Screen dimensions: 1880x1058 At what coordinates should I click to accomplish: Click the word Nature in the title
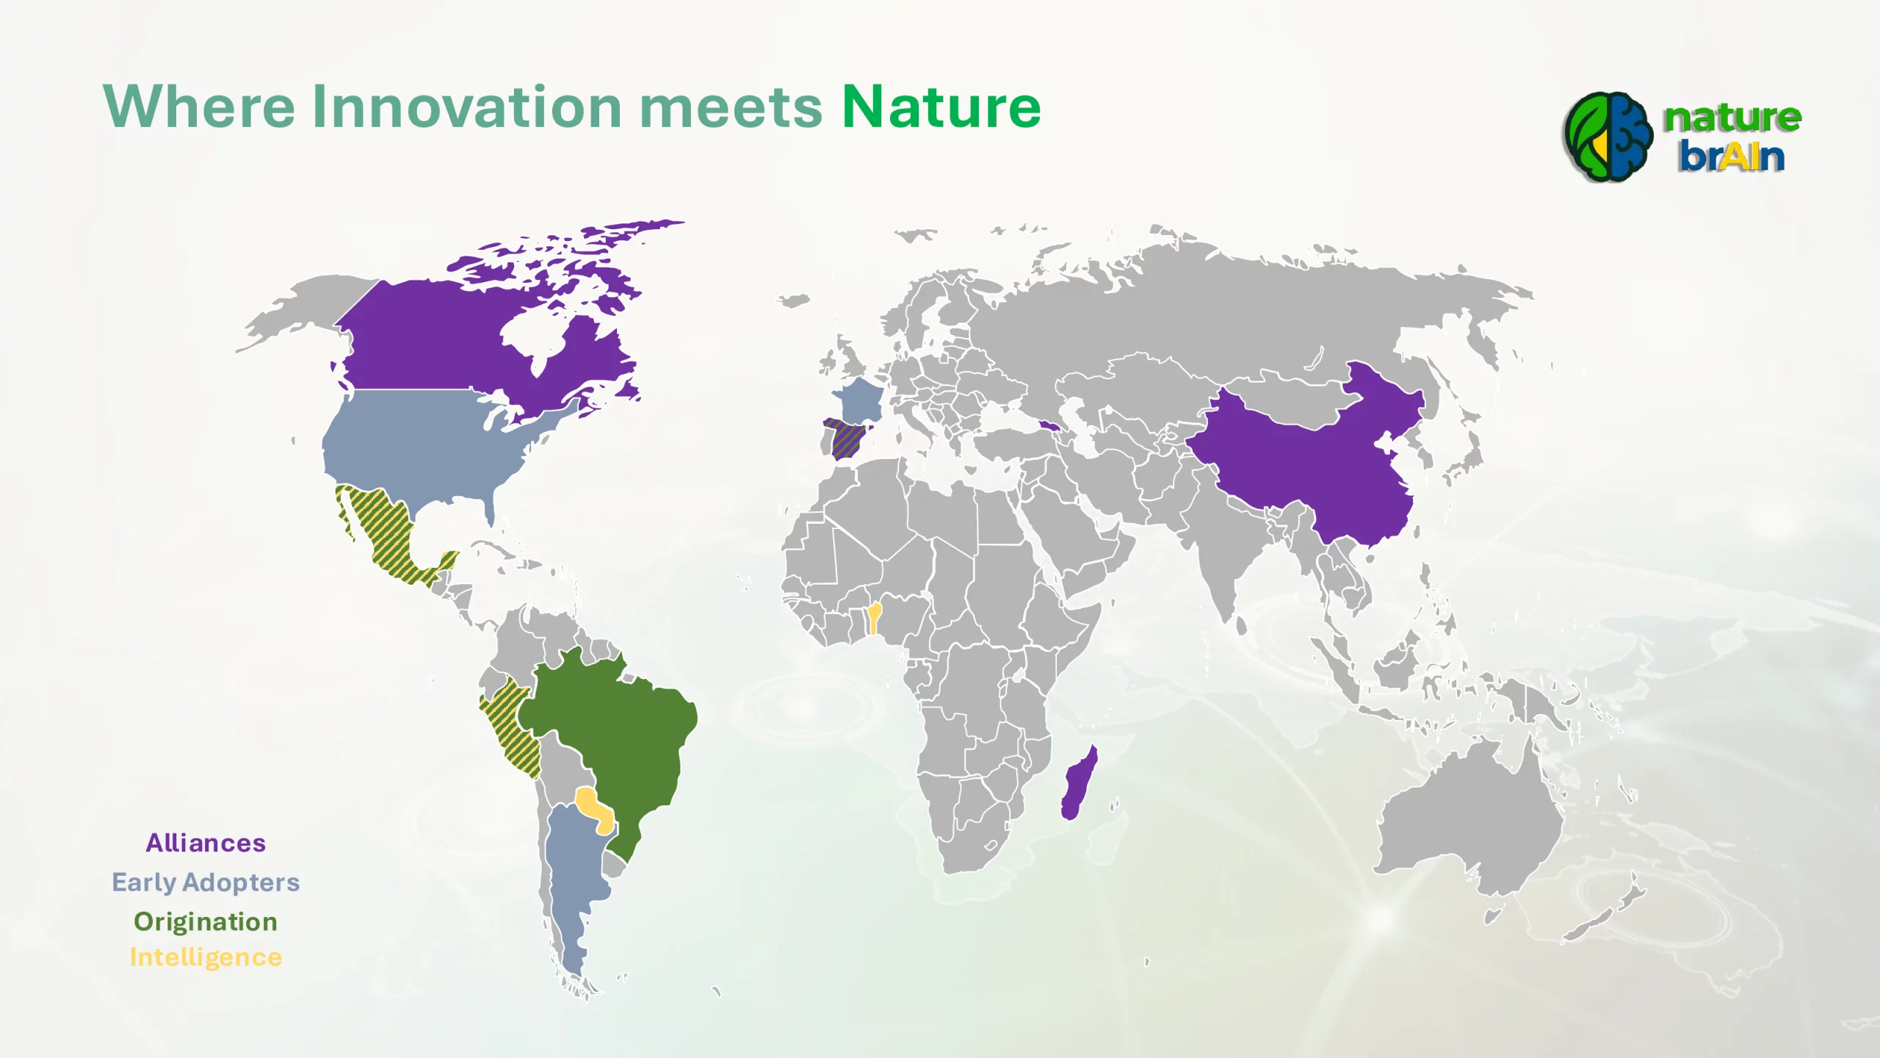coord(941,107)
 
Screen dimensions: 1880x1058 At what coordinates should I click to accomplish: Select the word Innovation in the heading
coord(467,107)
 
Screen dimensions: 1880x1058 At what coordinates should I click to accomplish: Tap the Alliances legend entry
coord(206,843)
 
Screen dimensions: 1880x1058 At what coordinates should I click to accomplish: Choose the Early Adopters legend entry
coord(206,882)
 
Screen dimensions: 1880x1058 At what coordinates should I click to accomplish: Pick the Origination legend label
coord(206,922)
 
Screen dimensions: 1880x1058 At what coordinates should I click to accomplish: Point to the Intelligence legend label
coord(206,957)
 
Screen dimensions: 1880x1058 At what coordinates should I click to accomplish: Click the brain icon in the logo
coord(1609,137)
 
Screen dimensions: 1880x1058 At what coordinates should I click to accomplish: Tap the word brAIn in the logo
coord(1731,156)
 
